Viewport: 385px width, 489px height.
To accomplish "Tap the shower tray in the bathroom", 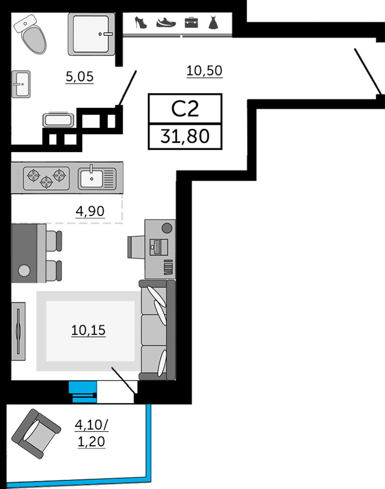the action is pos(91,34).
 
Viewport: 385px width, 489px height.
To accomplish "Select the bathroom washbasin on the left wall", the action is pos(21,84).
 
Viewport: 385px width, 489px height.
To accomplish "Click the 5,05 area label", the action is pos(79,77).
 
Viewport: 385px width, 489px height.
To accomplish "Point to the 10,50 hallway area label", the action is pos(204,71).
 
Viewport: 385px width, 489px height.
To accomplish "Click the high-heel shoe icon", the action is pos(141,23).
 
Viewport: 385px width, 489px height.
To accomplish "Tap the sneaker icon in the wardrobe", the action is pos(166,23).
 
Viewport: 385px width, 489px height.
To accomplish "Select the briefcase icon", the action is pos(191,23).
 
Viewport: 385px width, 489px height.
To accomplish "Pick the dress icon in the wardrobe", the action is pos(213,23).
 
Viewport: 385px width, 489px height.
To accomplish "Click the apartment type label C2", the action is pos(185,109).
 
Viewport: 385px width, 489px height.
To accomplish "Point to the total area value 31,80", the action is pos(185,136).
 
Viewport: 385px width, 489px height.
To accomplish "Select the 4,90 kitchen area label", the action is pos(90,211).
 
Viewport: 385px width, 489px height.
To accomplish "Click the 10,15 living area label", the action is pos(88,331).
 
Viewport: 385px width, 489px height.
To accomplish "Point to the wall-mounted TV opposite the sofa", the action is pos(18,331).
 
